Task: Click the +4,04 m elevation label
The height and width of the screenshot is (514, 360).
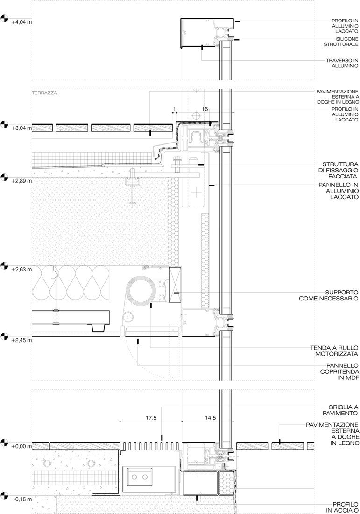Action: tap(21, 22)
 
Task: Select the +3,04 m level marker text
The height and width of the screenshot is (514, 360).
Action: tap(21, 128)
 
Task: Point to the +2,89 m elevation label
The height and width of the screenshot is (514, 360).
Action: tap(21, 181)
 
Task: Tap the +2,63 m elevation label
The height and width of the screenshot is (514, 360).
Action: tap(21, 270)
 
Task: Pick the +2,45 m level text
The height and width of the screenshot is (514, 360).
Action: tap(21, 340)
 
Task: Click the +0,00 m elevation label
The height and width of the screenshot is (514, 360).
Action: tap(21, 446)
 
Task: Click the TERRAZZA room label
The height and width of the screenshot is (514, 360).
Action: tap(44, 93)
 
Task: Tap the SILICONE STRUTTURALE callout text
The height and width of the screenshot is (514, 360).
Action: tap(341, 42)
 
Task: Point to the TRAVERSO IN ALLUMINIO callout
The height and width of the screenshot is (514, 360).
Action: tap(342, 63)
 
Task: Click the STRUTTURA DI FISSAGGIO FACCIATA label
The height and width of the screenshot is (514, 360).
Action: tap(339, 171)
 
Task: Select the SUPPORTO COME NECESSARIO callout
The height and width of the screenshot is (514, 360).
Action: tap(329, 295)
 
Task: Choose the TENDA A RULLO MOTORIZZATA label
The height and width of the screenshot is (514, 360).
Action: tap(334, 351)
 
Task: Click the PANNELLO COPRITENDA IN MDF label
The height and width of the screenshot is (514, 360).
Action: tap(339, 372)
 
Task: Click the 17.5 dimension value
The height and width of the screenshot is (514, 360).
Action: tap(151, 418)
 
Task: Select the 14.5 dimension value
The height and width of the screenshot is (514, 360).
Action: tap(210, 418)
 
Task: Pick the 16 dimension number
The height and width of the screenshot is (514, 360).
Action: tap(205, 109)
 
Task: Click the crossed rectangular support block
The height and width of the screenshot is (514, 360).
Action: tap(175, 285)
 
